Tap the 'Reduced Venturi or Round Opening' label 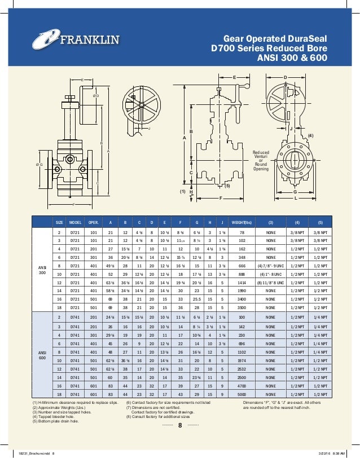(261, 160)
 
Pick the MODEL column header (74, 222)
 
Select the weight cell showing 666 (241, 265)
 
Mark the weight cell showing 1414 (241, 281)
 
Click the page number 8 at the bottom (179, 425)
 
